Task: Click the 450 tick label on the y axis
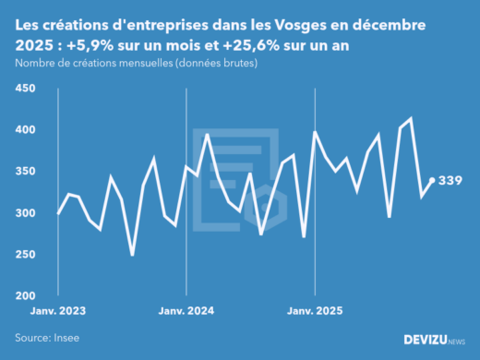coord(25,89)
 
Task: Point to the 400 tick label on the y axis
coord(25,130)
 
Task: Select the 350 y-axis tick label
coord(25,172)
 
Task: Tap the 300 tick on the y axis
coord(25,213)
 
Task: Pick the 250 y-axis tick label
coord(25,255)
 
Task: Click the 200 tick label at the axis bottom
coord(25,296)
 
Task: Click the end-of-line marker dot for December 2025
coord(432,180)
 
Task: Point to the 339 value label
coord(450,180)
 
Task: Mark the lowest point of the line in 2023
coord(132,255)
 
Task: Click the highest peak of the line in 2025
coord(411,119)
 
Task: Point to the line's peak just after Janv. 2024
coord(208,135)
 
